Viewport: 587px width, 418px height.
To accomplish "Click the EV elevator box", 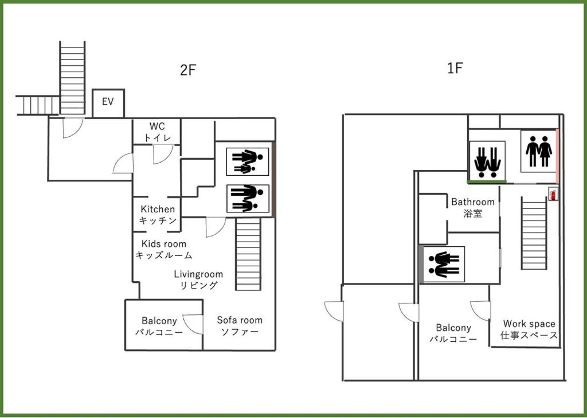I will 108,103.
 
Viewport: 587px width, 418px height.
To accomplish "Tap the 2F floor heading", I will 188,70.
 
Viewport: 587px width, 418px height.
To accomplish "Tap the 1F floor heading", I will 455,69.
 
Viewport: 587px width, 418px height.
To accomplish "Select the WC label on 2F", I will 156,131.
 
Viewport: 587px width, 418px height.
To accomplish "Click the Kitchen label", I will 158,215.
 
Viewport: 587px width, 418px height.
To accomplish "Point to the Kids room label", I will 163,250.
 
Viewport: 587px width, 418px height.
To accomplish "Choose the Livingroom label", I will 198,279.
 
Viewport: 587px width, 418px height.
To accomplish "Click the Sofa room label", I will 239,326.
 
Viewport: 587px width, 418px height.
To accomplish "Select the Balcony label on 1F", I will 453,333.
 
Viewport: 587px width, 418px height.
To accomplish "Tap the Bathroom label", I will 472,207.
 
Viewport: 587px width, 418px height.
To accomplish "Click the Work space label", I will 529,329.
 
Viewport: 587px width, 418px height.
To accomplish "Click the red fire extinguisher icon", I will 553,194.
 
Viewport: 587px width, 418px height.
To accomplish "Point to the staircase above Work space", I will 534,234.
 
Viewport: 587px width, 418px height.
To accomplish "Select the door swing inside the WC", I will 163,153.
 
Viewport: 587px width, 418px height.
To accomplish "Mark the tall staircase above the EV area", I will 72,77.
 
